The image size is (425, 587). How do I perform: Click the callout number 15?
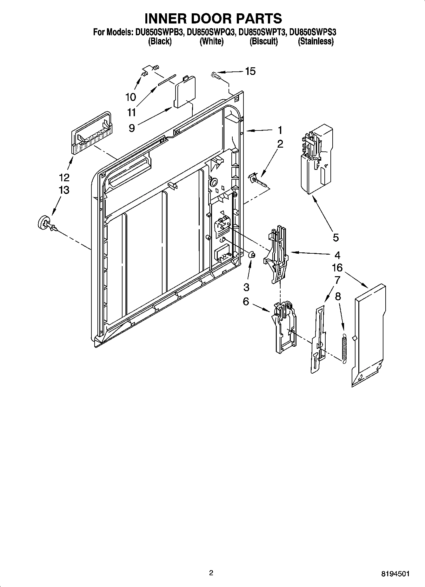point(250,71)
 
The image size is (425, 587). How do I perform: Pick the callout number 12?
point(64,177)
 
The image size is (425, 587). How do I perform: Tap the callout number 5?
point(336,237)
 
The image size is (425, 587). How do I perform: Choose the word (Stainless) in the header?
point(315,41)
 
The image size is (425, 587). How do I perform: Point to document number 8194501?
point(395,574)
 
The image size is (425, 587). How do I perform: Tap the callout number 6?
point(246,302)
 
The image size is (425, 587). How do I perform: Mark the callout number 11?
point(132,112)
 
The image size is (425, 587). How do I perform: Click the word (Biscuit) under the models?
point(263,41)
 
